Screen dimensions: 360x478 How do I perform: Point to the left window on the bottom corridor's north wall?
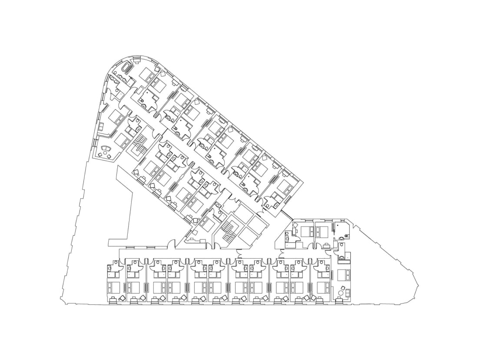tap(132, 248)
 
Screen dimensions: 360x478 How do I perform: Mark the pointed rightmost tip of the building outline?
tap(418, 286)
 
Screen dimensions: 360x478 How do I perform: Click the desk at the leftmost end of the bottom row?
tap(114, 299)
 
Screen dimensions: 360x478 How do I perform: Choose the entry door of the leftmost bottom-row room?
tap(116, 263)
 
